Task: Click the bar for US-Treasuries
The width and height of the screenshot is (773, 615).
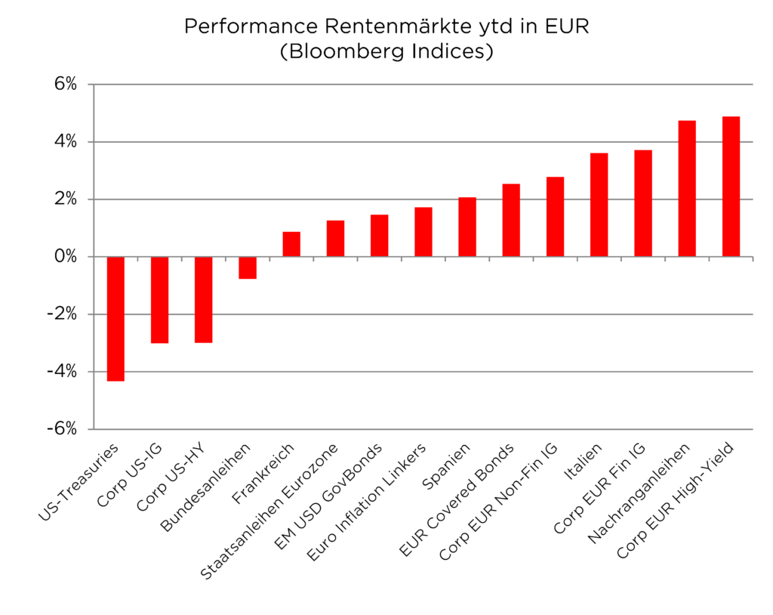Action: [115, 319]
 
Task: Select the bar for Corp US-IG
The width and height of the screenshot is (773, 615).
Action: [159, 300]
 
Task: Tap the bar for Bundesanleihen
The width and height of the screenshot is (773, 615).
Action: [247, 267]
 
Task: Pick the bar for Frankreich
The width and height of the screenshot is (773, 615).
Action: [291, 244]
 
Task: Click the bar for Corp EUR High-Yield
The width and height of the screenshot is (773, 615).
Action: [731, 187]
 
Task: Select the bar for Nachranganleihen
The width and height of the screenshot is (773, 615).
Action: [687, 189]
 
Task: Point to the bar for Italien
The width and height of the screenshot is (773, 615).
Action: [599, 205]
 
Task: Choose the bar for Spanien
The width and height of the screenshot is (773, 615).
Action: [467, 227]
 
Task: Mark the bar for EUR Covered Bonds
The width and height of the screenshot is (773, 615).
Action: [511, 220]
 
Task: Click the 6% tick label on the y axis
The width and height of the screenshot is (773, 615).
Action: [64, 84]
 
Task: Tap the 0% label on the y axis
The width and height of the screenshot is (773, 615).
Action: [64, 257]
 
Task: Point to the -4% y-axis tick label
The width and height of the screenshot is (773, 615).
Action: [60, 372]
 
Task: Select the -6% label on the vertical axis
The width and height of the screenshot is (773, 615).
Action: [60, 429]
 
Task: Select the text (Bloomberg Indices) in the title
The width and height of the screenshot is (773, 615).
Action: [386, 52]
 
